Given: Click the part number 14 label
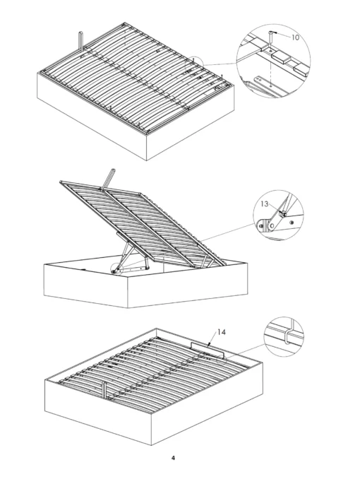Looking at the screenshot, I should [x=221, y=331].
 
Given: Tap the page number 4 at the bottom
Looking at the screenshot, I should [x=173, y=458].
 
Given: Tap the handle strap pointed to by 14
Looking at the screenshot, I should [x=209, y=350].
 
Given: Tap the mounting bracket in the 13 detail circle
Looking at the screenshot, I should [x=265, y=225].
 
